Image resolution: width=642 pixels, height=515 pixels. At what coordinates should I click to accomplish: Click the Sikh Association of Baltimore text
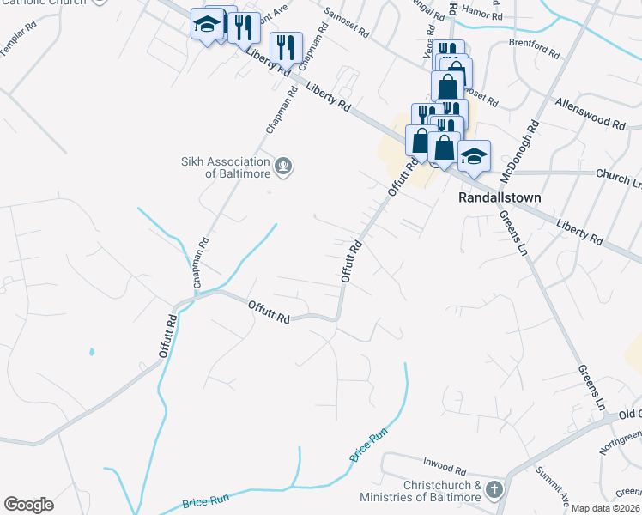tap(225, 167)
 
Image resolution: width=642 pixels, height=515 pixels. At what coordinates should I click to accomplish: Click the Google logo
tap(28, 505)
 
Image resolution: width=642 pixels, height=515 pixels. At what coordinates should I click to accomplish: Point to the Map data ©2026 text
tap(605, 508)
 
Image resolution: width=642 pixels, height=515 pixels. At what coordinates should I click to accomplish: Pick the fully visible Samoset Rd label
tap(347, 23)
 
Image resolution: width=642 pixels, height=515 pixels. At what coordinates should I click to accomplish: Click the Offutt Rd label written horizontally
tap(269, 312)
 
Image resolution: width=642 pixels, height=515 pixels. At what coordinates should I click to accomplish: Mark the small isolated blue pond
tap(91, 352)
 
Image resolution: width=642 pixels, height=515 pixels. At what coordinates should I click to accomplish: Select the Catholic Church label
tap(43, 3)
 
